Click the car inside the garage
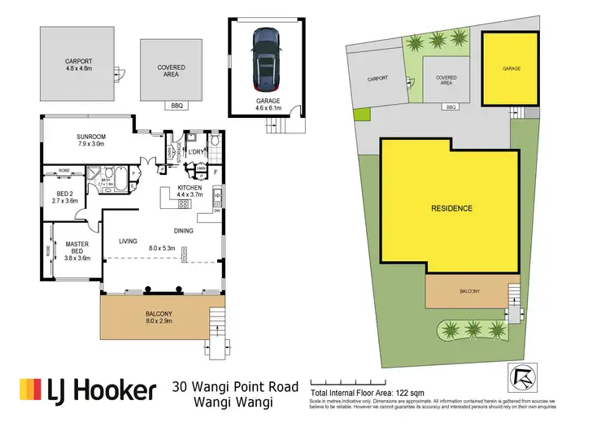point(268,59)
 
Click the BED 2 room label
point(63,195)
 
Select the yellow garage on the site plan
point(510,69)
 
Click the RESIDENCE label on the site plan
point(451,209)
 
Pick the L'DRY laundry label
point(197,152)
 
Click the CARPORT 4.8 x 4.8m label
point(80,65)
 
